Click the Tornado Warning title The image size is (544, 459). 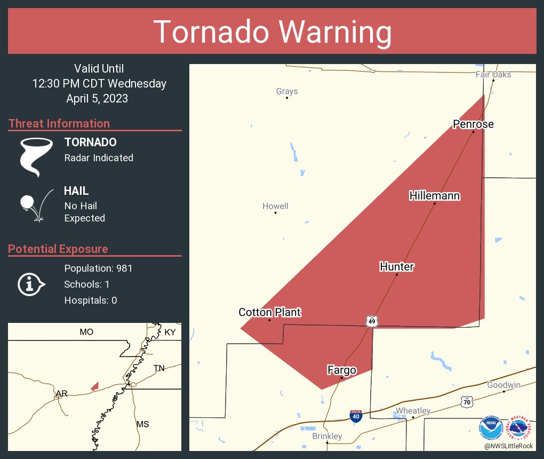[x=272, y=31]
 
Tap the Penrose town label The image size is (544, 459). [x=473, y=124]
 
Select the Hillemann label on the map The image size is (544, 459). [x=434, y=196]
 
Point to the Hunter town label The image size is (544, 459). [x=397, y=267]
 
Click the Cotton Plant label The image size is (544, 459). [x=269, y=312]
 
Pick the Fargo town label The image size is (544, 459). [x=341, y=370]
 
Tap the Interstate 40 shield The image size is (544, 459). [x=356, y=416]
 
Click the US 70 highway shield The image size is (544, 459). [x=467, y=402]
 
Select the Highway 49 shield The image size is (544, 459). [x=372, y=321]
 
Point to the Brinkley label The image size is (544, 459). [x=327, y=436]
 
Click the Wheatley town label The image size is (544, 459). [x=413, y=410]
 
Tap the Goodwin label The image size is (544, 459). [x=503, y=385]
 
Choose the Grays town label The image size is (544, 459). [x=287, y=91]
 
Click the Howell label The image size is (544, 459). [x=275, y=206]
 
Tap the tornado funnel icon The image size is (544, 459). [x=35, y=156]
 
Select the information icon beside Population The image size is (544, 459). [x=31, y=284]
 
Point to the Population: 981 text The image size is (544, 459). [x=98, y=268]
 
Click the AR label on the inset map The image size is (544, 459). [x=62, y=394]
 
